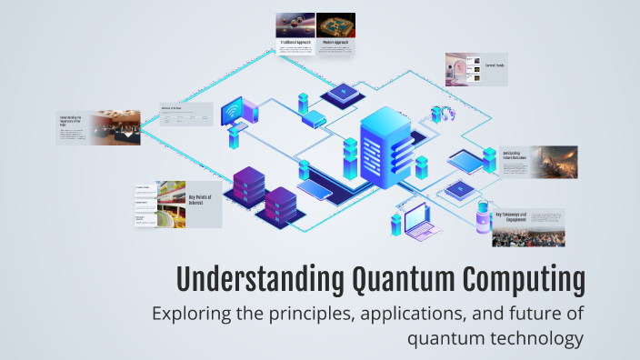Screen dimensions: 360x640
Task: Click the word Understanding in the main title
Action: pyautogui.click(x=253, y=279)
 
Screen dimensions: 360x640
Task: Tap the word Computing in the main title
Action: pyautogui.click(x=522, y=279)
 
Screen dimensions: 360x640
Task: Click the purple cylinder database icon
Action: pyautogui.click(x=483, y=218)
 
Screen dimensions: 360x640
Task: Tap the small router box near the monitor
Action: pyautogui.click(x=314, y=119)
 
